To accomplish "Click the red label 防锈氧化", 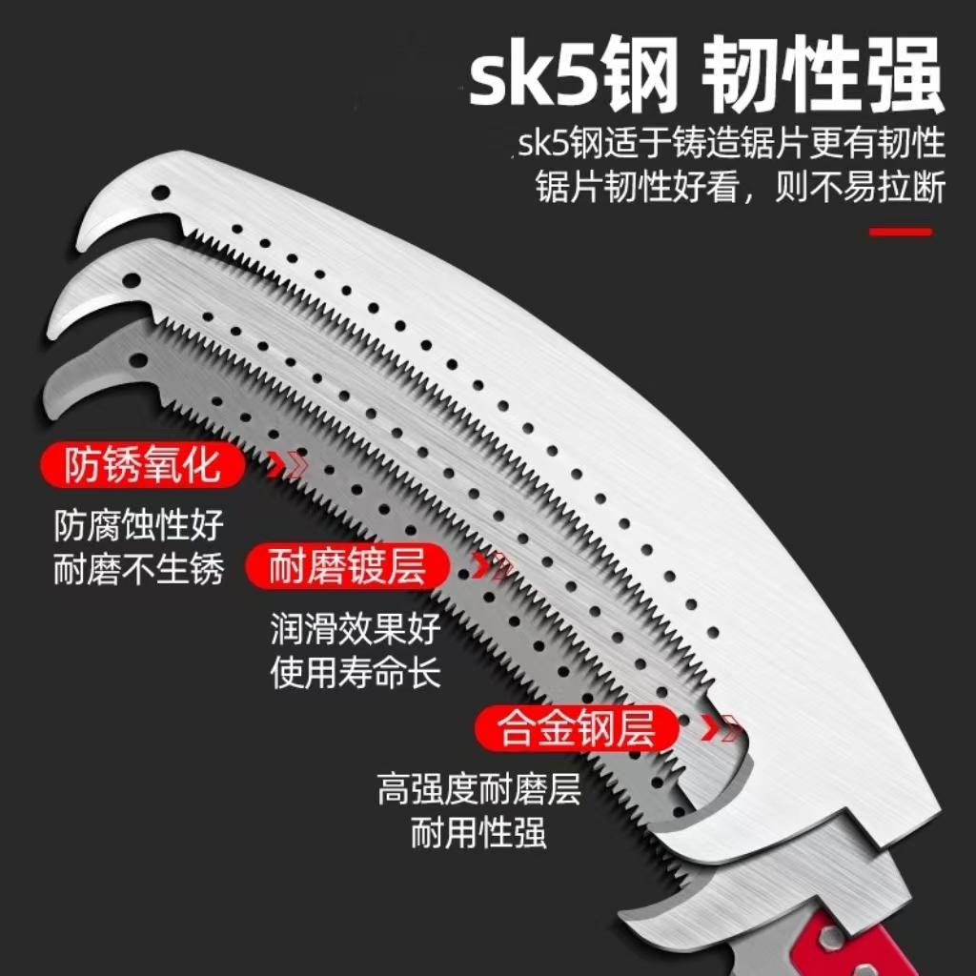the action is (x=142, y=466).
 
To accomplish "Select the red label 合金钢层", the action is (x=577, y=730).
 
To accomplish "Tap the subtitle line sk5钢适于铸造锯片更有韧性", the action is (x=732, y=144).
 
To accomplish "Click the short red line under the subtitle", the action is (x=901, y=231).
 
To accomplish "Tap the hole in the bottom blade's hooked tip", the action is (x=140, y=362).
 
